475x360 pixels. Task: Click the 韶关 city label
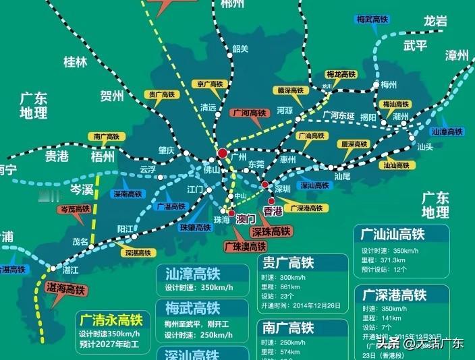point(240,48)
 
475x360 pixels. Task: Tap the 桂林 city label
point(76,62)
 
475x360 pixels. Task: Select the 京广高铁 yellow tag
point(209,84)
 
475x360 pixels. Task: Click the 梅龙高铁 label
point(341,74)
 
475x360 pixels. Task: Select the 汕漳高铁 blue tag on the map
point(447,131)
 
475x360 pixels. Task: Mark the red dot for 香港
point(271,200)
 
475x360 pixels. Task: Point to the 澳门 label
point(246,219)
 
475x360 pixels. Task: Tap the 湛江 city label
point(70,270)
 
